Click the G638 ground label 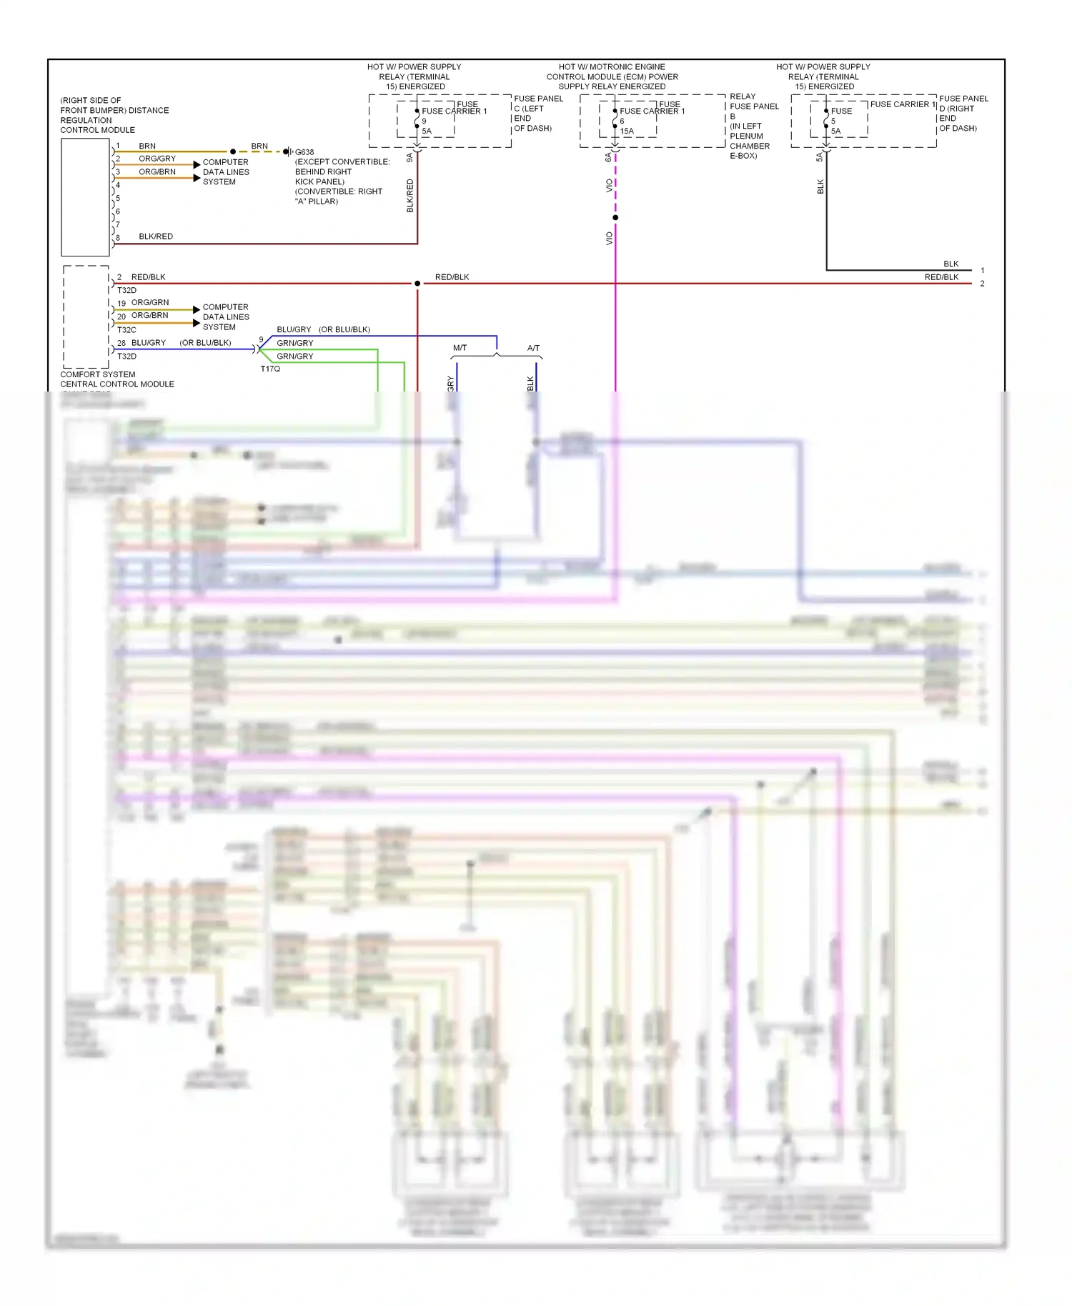click(304, 152)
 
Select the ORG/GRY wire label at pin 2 click(157, 159)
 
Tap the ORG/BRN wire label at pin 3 click(157, 171)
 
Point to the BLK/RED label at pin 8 click(155, 236)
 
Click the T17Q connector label click(270, 369)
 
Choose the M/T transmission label click(460, 348)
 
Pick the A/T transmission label click(533, 348)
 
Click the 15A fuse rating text click(627, 131)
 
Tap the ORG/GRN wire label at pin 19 click(149, 302)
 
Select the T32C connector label click(126, 330)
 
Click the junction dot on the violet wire click(615, 217)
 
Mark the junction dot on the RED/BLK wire click(417, 284)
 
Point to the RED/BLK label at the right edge click(941, 277)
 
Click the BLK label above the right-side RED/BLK click(951, 264)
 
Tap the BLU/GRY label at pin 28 click(148, 343)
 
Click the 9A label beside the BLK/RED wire click(410, 157)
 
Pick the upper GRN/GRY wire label click(294, 343)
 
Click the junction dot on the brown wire click(233, 151)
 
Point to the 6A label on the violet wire click(608, 157)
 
